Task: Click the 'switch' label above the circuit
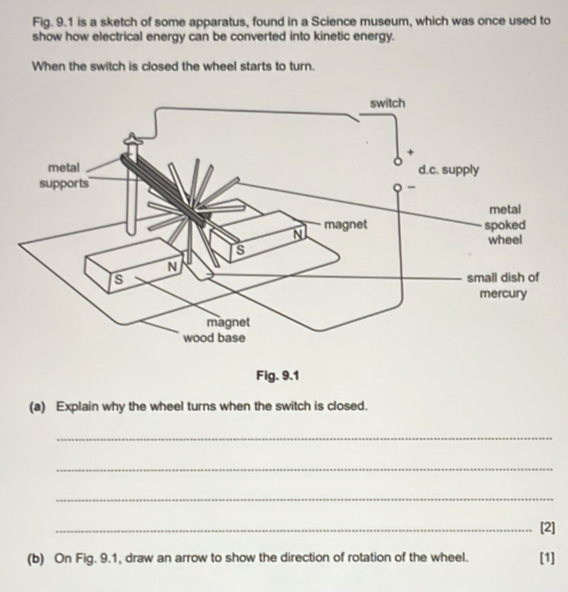click(387, 103)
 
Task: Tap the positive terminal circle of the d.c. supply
click(397, 161)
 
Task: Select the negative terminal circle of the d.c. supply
click(397, 187)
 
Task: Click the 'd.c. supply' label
click(448, 170)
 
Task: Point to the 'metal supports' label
click(64, 175)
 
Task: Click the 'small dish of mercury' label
click(503, 285)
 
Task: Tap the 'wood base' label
click(214, 337)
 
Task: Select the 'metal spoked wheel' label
click(505, 224)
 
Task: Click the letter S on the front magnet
click(118, 280)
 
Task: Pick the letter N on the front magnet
click(172, 267)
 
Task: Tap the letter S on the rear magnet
click(241, 250)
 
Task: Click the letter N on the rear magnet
click(298, 234)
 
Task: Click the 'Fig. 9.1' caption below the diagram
click(278, 375)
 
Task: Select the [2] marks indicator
click(547, 528)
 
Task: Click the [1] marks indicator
click(547, 558)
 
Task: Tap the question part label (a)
click(38, 407)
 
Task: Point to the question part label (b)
click(36, 558)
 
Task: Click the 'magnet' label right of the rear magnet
click(345, 224)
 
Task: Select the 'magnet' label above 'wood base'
click(228, 322)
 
